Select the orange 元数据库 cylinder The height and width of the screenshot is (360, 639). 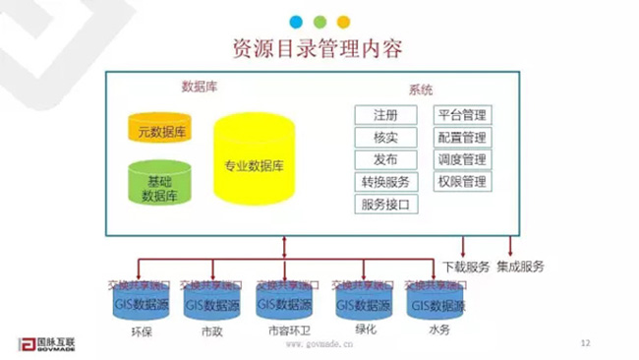click(162, 129)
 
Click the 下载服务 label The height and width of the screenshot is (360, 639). click(465, 267)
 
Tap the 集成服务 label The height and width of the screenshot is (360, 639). click(521, 267)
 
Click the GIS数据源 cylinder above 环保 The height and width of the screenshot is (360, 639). click(144, 306)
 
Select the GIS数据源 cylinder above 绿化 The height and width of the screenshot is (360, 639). click(364, 306)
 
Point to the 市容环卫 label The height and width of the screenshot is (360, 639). click(291, 331)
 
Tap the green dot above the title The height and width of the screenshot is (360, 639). click(319, 21)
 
